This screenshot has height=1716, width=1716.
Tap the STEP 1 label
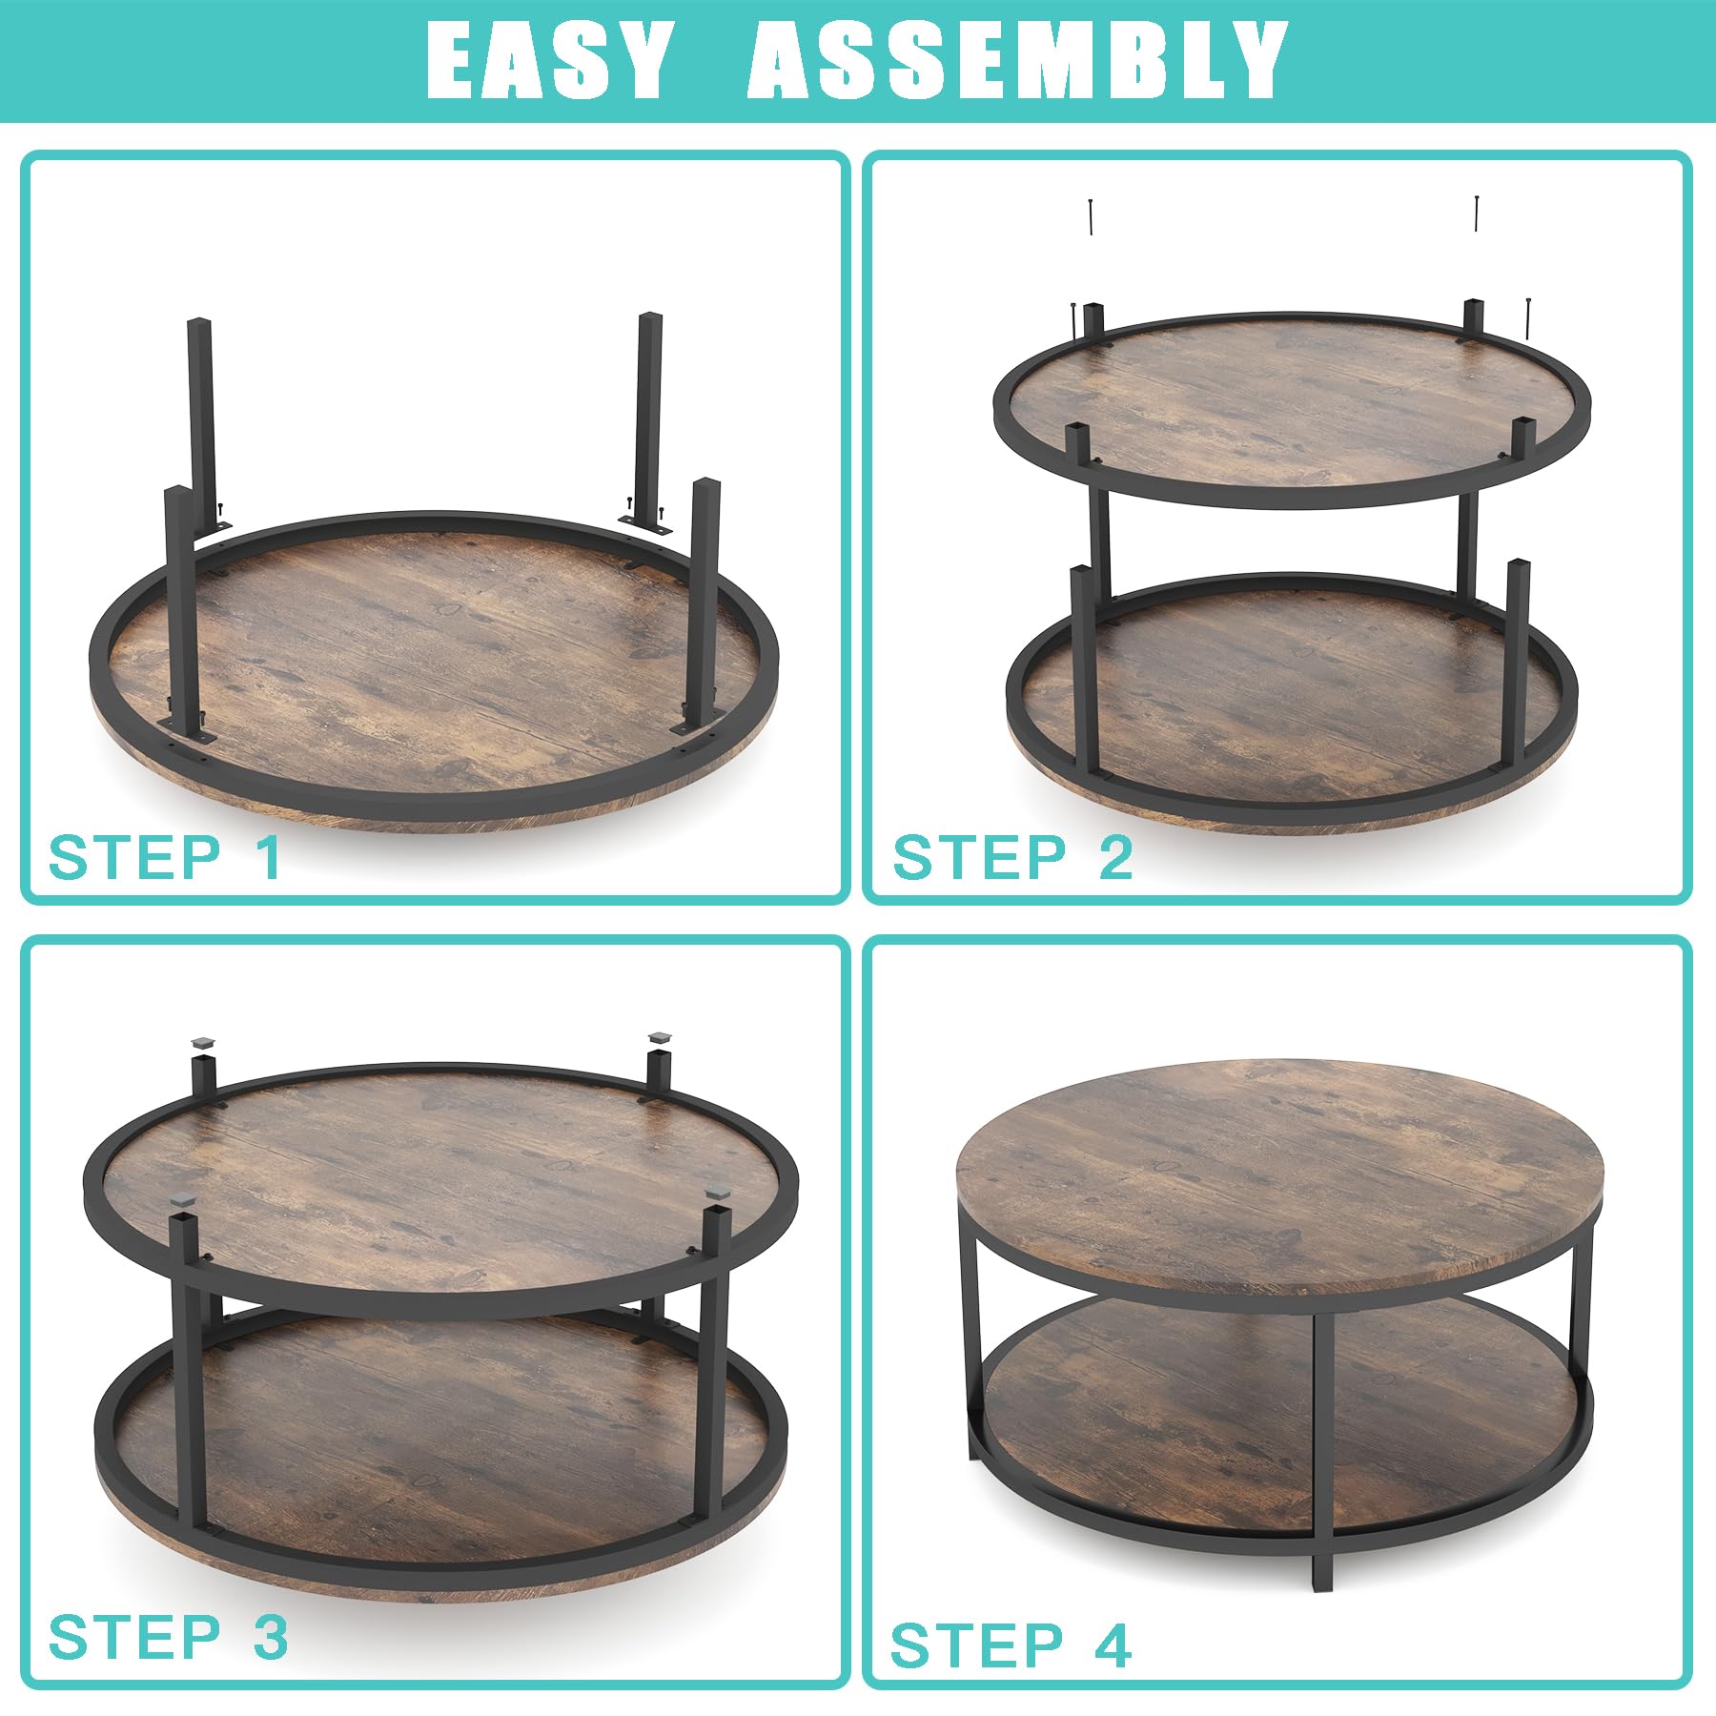(165, 857)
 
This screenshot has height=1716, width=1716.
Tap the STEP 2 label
(1012, 857)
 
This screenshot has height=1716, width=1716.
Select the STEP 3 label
(168, 1637)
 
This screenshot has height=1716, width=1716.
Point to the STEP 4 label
(1011, 1645)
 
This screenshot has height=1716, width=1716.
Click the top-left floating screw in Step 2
(1091, 217)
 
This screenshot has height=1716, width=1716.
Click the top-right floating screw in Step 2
(1476, 213)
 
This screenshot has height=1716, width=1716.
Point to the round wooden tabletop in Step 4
(1279, 1176)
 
